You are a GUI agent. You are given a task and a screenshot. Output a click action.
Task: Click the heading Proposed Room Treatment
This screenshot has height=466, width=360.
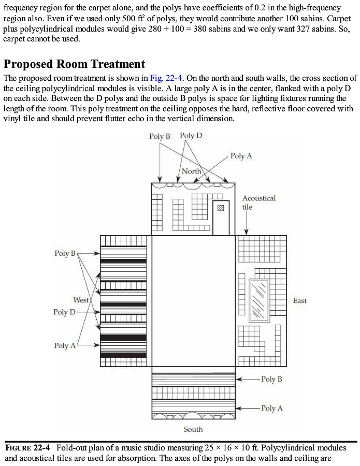(x=74, y=64)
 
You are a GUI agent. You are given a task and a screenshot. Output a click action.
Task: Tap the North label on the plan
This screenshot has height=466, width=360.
(x=192, y=171)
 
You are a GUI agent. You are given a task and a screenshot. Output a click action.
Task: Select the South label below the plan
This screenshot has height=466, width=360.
(x=193, y=429)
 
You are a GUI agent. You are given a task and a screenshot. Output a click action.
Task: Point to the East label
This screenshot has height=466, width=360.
(x=300, y=300)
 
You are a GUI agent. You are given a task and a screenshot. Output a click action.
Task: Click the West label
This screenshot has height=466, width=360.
(x=81, y=300)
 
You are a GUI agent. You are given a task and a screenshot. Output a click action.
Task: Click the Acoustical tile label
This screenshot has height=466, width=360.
(x=259, y=202)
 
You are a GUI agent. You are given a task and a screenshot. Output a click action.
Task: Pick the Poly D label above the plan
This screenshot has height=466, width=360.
(x=191, y=136)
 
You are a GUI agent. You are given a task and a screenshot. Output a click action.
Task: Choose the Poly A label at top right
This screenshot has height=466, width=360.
(x=241, y=156)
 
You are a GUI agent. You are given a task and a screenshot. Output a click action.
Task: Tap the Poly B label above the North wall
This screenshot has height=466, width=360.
(x=160, y=136)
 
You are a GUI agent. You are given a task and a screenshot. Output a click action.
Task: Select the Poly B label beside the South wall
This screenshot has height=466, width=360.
(x=272, y=379)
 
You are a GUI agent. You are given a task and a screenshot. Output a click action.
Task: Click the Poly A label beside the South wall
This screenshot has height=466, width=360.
(x=272, y=408)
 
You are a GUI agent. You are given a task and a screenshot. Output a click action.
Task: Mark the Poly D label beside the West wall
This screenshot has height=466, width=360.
(x=64, y=312)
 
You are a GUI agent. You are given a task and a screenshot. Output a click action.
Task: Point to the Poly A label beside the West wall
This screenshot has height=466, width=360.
(x=65, y=345)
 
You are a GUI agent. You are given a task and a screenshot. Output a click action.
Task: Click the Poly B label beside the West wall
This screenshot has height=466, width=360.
(x=65, y=253)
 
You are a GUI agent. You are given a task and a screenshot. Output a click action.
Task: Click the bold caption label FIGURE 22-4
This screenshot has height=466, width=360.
(x=27, y=448)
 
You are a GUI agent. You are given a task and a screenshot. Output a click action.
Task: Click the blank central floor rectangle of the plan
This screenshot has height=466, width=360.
(x=193, y=301)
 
